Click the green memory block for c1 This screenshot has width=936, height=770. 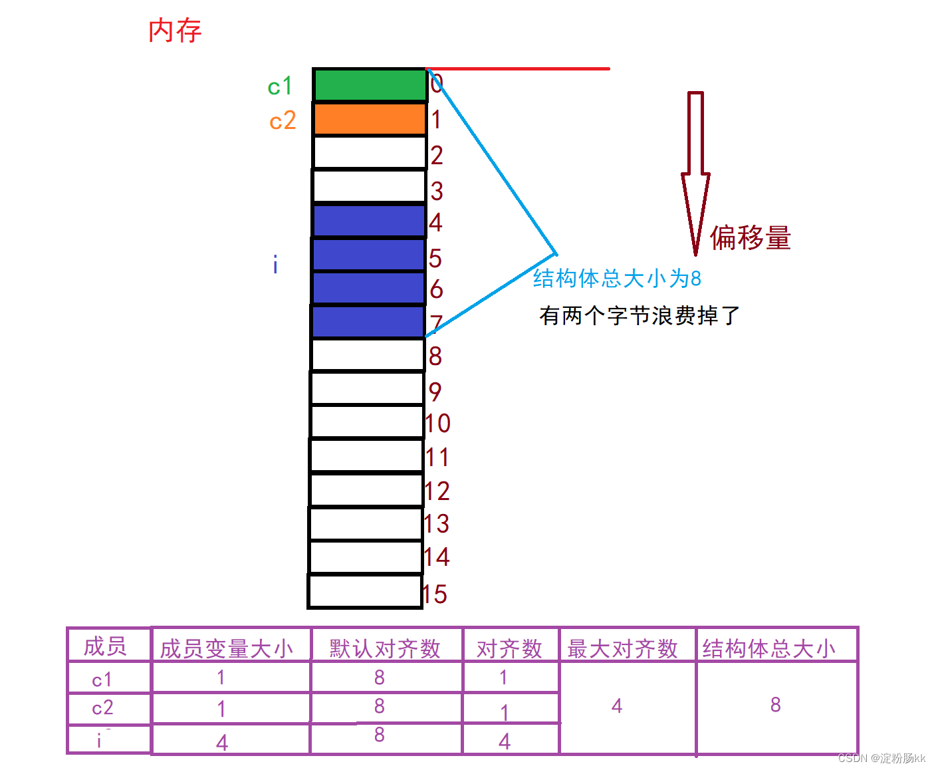pos(370,85)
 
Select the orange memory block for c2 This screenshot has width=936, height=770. pos(370,120)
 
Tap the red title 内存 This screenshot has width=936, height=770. pos(175,31)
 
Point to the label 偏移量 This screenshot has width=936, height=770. pos(751,237)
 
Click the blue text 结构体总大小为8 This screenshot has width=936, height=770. pos(617,278)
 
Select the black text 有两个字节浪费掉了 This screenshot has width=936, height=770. pos(639,315)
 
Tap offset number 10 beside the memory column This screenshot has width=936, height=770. pos(437,424)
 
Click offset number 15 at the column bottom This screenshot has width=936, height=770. pos(435,594)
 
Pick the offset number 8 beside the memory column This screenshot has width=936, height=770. pos(435,356)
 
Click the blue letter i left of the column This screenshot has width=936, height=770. pos(275,265)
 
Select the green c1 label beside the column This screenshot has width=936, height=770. pos(280,86)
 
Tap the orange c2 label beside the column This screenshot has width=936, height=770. pos(283,121)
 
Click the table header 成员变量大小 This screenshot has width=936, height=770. pos(227,648)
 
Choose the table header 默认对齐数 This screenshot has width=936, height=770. pos(385,648)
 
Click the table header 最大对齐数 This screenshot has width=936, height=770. pos(622,648)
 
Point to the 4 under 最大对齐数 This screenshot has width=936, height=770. pos(617,706)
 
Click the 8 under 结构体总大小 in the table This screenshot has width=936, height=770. pos(775,705)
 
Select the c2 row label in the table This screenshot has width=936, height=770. pos(102,708)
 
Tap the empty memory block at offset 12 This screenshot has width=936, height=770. pos(366,490)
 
